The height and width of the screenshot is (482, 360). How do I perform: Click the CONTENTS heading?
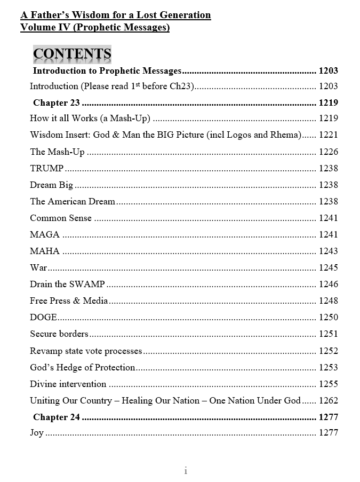tap(72, 54)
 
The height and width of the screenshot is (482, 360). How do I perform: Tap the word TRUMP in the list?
tap(46, 168)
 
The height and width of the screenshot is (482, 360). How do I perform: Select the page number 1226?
tap(328, 152)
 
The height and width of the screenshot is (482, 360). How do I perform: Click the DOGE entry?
tap(43, 317)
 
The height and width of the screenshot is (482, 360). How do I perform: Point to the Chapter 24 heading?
tap(57, 417)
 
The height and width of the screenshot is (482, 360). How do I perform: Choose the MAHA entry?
tap(45, 251)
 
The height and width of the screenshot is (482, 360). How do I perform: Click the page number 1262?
tap(328, 400)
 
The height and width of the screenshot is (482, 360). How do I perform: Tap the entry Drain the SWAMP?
tap(67, 284)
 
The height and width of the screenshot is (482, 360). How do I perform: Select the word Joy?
tap(37, 432)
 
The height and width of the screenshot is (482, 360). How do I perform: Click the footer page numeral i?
tap(185, 470)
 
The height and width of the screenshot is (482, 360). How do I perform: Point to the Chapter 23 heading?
tap(57, 102)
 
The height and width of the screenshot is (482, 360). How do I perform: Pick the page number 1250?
tap(328, 317)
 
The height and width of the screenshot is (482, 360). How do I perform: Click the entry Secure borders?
tap(59, 334)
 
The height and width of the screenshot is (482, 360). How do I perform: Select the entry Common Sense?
tap(61, 218)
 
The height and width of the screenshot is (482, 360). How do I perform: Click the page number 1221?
tap(328, 135)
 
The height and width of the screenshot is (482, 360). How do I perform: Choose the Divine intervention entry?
tap(68, 384)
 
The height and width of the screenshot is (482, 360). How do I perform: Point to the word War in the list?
tap(38, 267)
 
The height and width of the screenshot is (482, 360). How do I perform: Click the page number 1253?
tap(328, 367)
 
